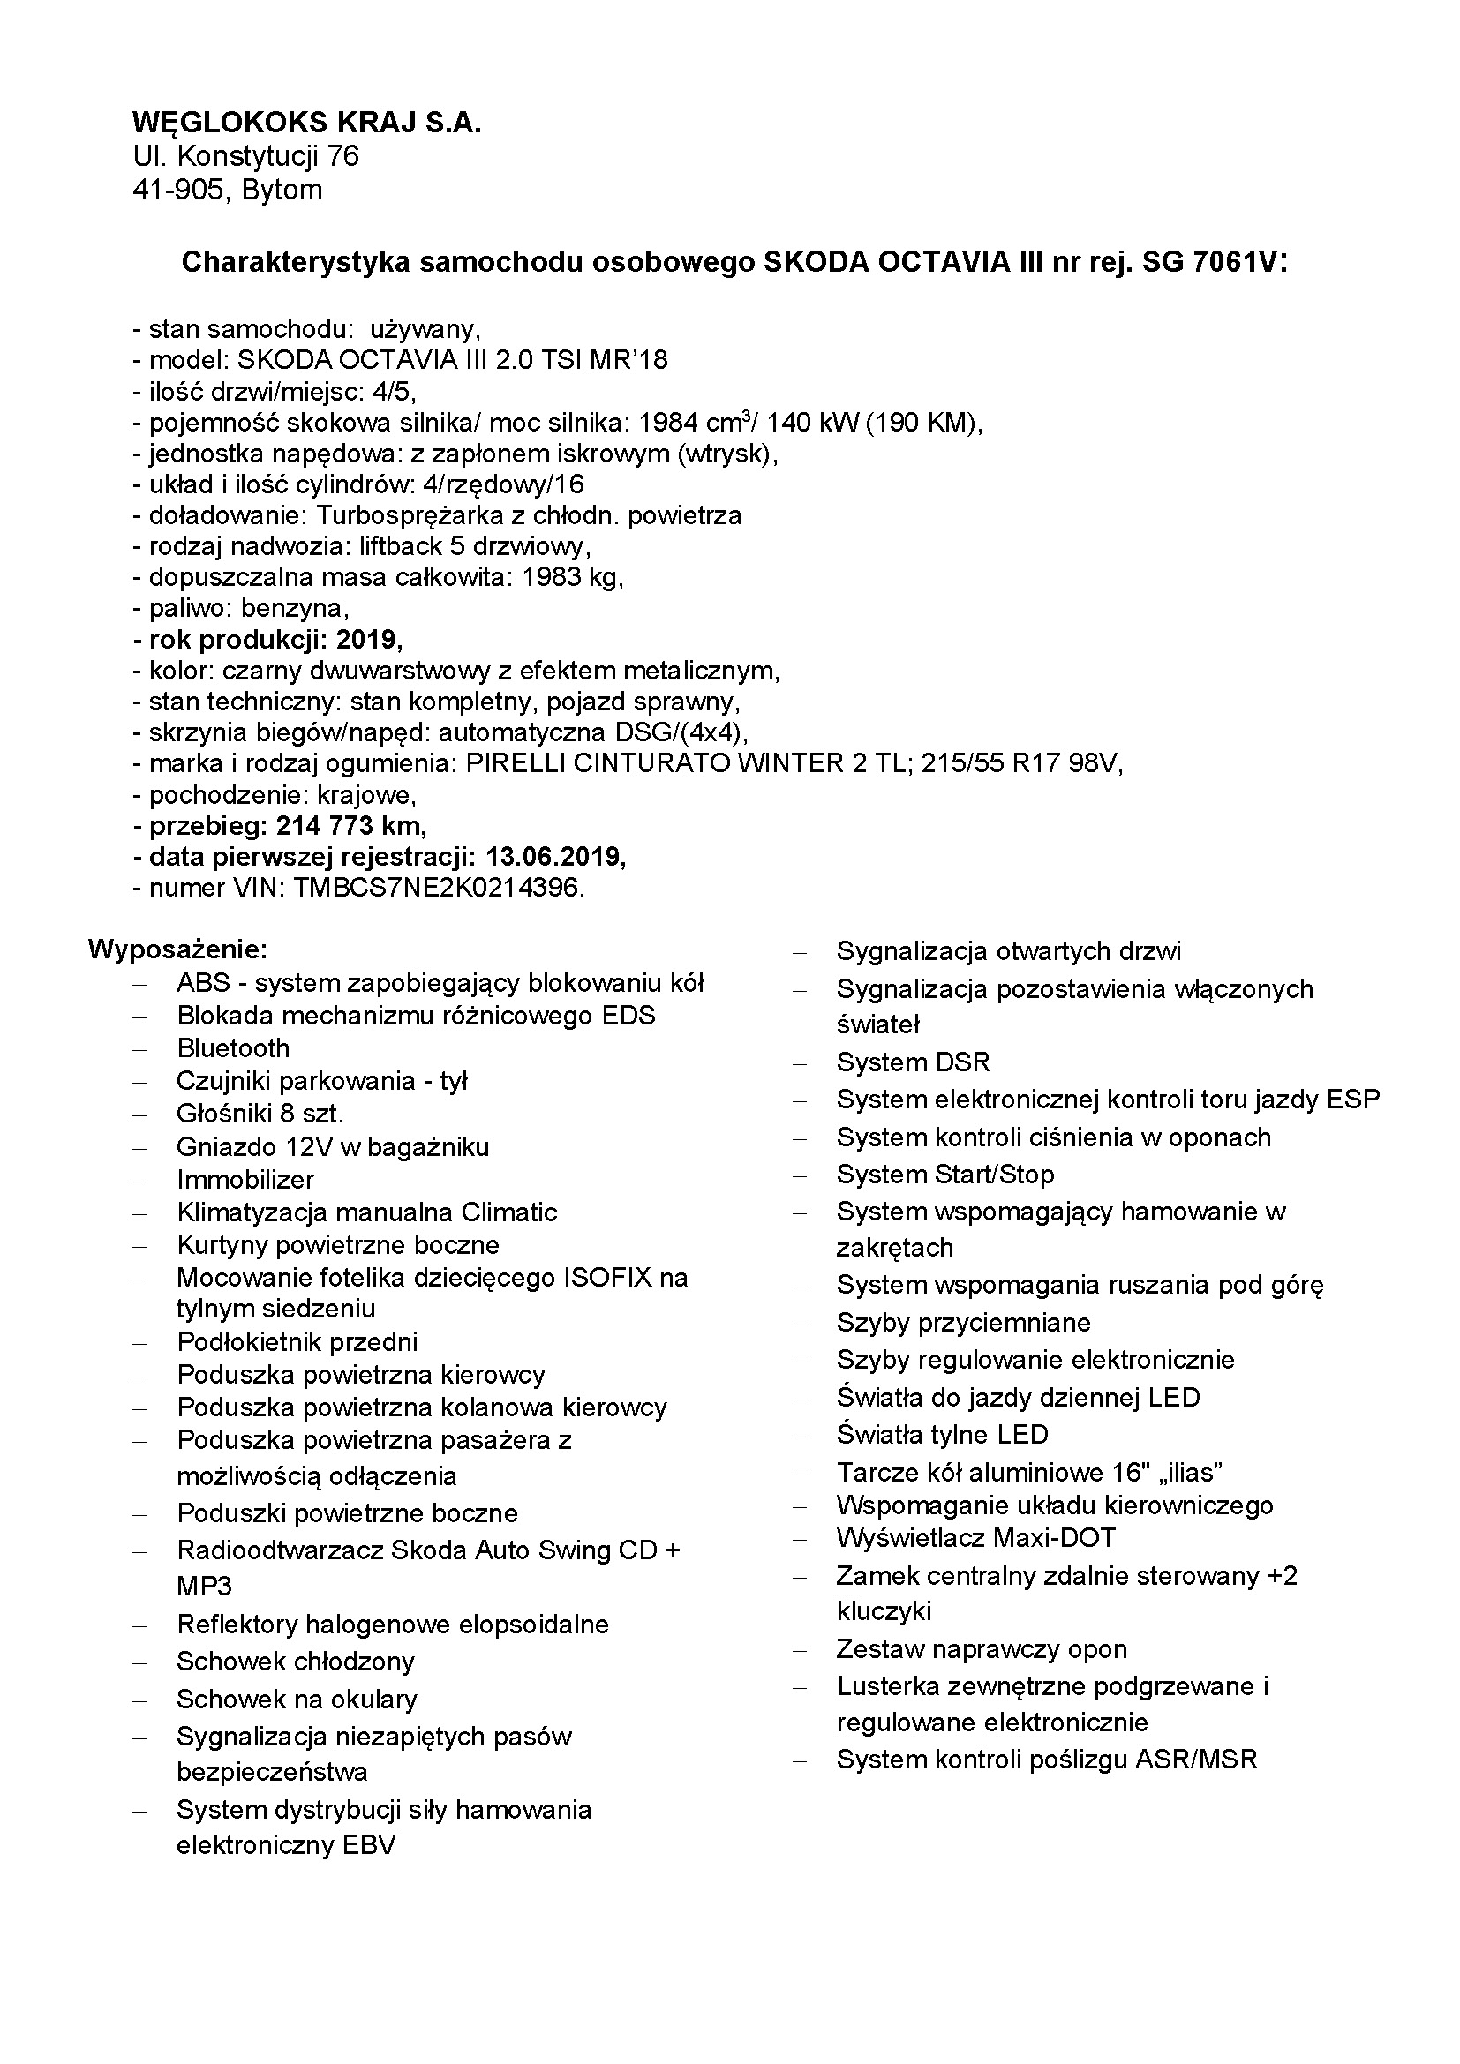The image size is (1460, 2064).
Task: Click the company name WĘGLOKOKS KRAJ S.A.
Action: (x=306, y=123)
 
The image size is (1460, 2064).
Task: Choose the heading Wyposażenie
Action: (x=178, y=949)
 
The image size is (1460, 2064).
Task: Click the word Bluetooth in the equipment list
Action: (x=233, y=1048)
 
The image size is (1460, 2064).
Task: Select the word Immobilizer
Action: (x=245, y=1180)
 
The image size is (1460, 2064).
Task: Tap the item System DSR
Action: (x=913, y=1062)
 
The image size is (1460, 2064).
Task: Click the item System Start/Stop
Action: (x=944, y=1174)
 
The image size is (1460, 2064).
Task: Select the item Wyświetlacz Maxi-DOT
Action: (x=975, y=1538)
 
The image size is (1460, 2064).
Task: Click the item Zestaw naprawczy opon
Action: (x=981, y=1649)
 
